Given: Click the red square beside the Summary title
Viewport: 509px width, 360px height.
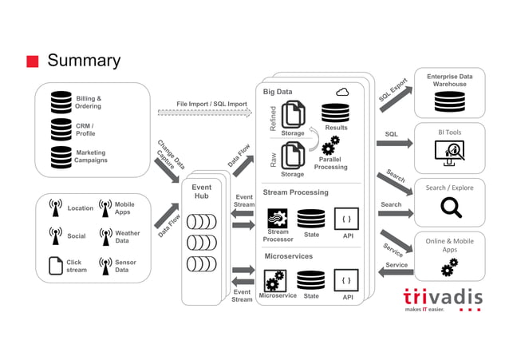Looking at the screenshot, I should [x=32, y=61].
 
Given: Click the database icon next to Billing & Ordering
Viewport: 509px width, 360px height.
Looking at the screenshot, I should [x=61, y=101].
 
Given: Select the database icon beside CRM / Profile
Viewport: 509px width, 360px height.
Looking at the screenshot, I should [x=61, y=129].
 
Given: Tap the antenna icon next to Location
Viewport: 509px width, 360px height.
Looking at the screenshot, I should [x=55, y=208].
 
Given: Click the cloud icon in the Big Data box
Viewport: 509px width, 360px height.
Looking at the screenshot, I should [x=342, y=92].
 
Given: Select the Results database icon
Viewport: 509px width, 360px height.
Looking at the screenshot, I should [x=335, y=113].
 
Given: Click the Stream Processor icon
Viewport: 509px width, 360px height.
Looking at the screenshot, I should [x=277, y=218].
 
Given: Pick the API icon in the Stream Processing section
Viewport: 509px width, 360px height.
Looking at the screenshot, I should [x=346, y=218].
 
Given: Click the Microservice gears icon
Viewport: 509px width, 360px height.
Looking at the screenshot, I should [x=276, y=280].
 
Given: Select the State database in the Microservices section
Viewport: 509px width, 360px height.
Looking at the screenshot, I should [x=310, y=279].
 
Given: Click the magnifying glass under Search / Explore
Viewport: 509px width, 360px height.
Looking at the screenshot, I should [x=451, y=208].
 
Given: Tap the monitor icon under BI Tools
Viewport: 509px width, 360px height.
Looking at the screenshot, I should [x=450, y=152].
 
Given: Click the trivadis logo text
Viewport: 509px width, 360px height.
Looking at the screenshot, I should [x=443, y=297].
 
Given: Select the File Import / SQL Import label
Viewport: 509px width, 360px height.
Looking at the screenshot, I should [x=211, y=104].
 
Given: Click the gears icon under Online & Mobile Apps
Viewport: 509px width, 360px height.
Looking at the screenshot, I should [x=449, y=267].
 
